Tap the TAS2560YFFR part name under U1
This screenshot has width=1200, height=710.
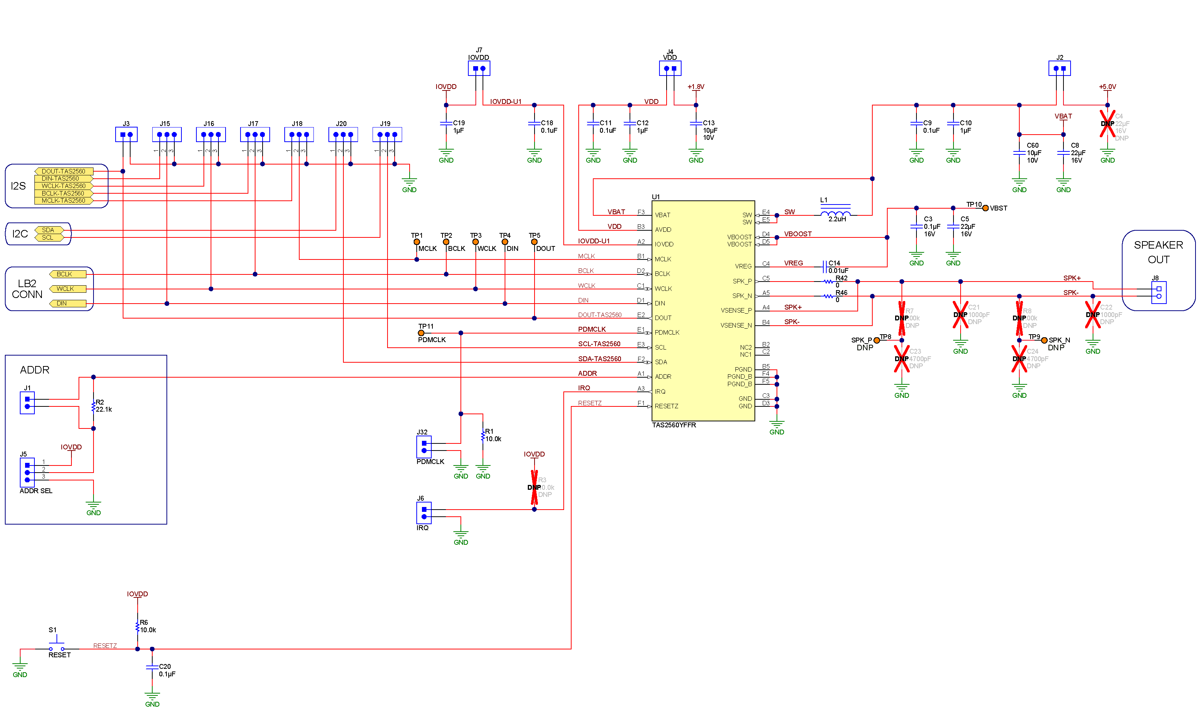(x=674, y=425)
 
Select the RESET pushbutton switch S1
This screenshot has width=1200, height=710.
(x=56, y=647)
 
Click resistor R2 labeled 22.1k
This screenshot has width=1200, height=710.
(x=94, y=406)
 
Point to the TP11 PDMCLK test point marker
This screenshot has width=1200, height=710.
(x=421, y=333)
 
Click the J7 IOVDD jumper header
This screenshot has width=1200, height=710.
(x=479, y=68)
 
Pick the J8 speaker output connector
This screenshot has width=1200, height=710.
(x=1159, y=292)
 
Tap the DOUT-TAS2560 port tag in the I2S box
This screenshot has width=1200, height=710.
(x=64, y=171)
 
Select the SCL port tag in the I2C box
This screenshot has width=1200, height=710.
(x=48, y=237)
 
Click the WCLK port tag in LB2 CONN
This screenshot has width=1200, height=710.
(x=67, y=289)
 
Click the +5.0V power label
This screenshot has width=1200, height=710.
(x=1107, y=87)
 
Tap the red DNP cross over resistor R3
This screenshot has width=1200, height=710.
(x=534, y=487)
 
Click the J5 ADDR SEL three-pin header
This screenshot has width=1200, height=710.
(x=27, y=472)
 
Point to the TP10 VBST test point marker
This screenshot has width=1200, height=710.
(x=985, y=208)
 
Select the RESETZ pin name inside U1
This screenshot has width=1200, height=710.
(x=666, y=406)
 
